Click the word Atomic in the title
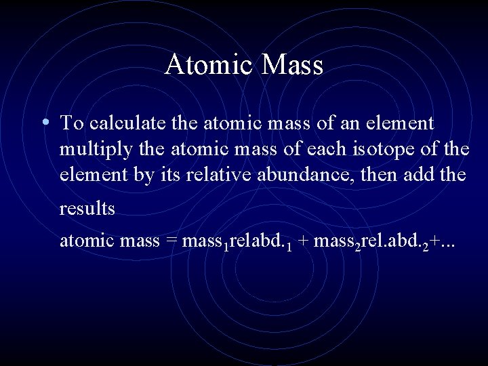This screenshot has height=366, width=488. (206, 65)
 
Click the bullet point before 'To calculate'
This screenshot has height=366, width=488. (44, 123)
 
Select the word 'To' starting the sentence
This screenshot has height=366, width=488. (70, 123)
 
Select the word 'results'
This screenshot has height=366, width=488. (87, 209)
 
